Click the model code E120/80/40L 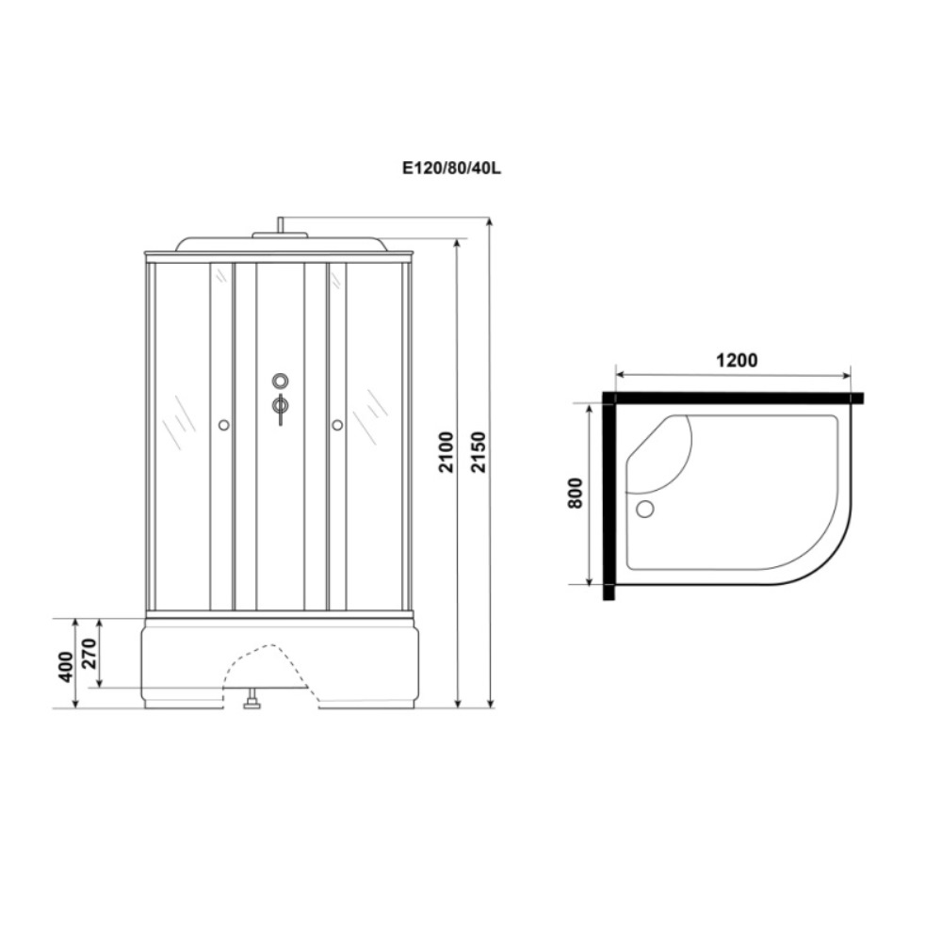coord(451,169)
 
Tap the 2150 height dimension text coord(479,452)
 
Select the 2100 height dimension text coord(447,452)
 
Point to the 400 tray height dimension coord(66,666)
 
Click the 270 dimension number coord(89,654)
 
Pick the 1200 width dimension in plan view coord(737,361)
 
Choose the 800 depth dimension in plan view coord(575,494)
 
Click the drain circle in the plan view coord(644,510)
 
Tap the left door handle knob coord(223,426)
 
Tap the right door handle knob coord(337,426)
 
